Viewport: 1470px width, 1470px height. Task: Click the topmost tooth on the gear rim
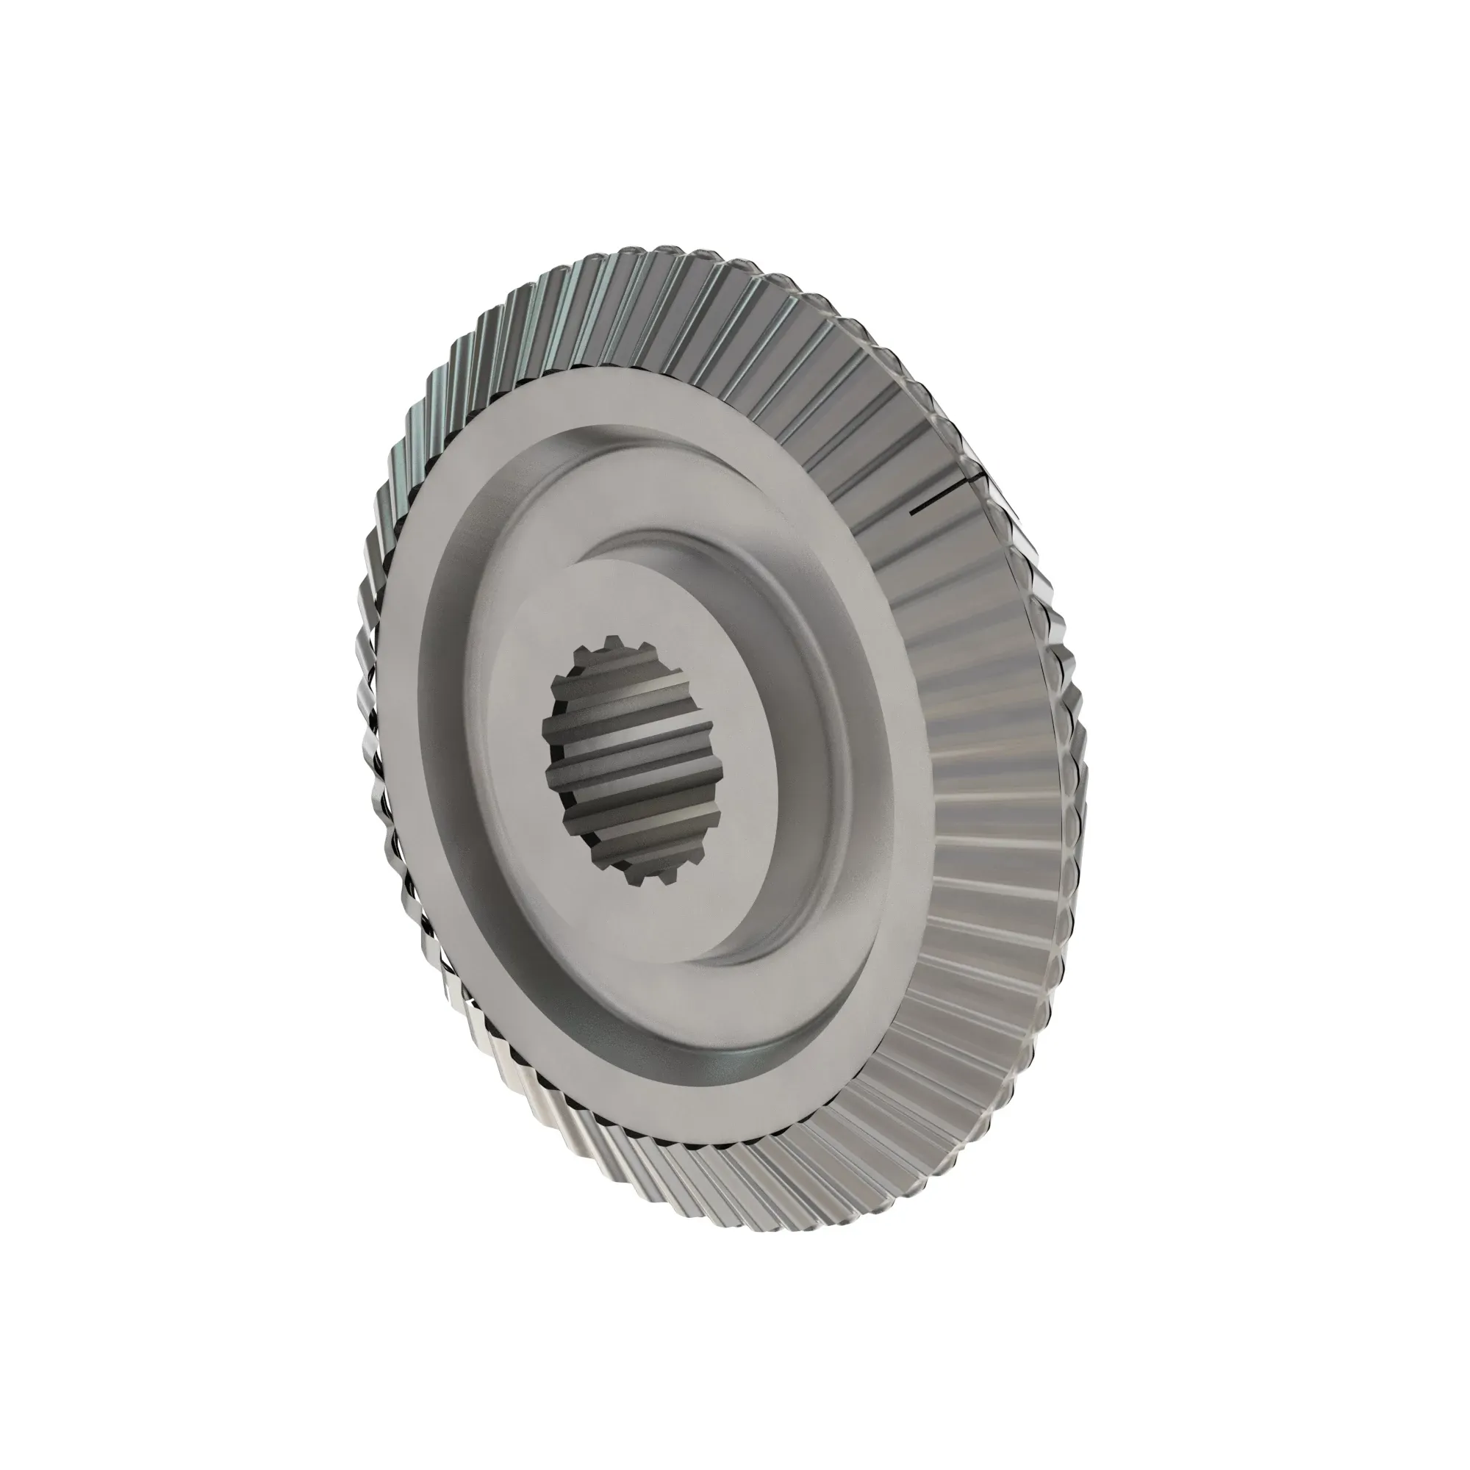tap(662, 255)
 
